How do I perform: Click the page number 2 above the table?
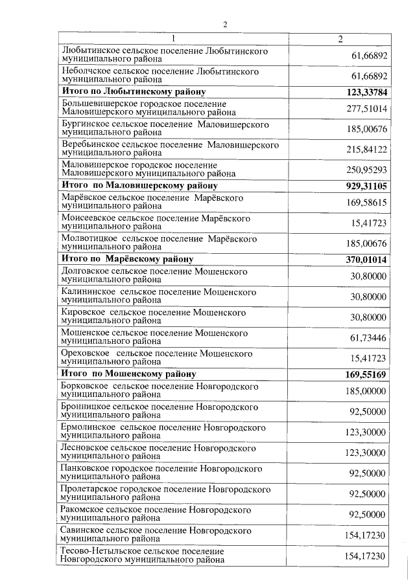225,24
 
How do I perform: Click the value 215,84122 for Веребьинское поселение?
367,150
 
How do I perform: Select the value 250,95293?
367,170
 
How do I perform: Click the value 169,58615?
367,202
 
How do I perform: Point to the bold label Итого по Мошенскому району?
128,374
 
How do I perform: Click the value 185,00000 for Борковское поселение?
367,391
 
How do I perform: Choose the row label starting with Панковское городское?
161,473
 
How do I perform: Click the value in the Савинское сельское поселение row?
367,535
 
